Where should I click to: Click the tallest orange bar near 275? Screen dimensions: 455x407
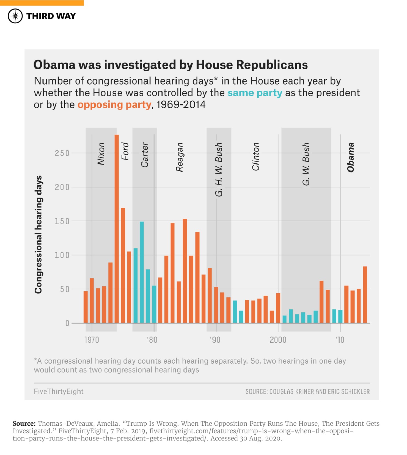[117, 228]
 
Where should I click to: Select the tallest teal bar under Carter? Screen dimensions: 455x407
[142, 272]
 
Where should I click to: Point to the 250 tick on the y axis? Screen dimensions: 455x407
[62, 153]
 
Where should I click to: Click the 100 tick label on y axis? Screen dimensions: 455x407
[62, 255]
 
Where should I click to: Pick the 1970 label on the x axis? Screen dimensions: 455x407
[92, 340]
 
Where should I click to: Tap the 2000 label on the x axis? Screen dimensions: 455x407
[278, 340]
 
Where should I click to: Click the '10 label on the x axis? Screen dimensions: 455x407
[340, 340]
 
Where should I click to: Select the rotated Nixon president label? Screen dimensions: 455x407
[101, 154]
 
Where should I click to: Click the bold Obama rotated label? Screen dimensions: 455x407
[351, 157]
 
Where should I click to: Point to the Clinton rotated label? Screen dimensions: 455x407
[256, 157]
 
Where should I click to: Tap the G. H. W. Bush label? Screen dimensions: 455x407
[219, 169]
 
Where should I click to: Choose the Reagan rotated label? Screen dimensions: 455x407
[179, 157]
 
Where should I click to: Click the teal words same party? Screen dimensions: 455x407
[255, 93]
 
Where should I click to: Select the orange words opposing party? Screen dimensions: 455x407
[114, 105]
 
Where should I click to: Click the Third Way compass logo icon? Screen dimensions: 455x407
[15, 16]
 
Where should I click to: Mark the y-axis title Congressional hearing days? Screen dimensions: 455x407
[38, 235]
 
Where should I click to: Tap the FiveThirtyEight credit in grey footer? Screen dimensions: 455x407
[58, 391]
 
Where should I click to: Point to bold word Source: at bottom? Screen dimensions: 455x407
[24, 423]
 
